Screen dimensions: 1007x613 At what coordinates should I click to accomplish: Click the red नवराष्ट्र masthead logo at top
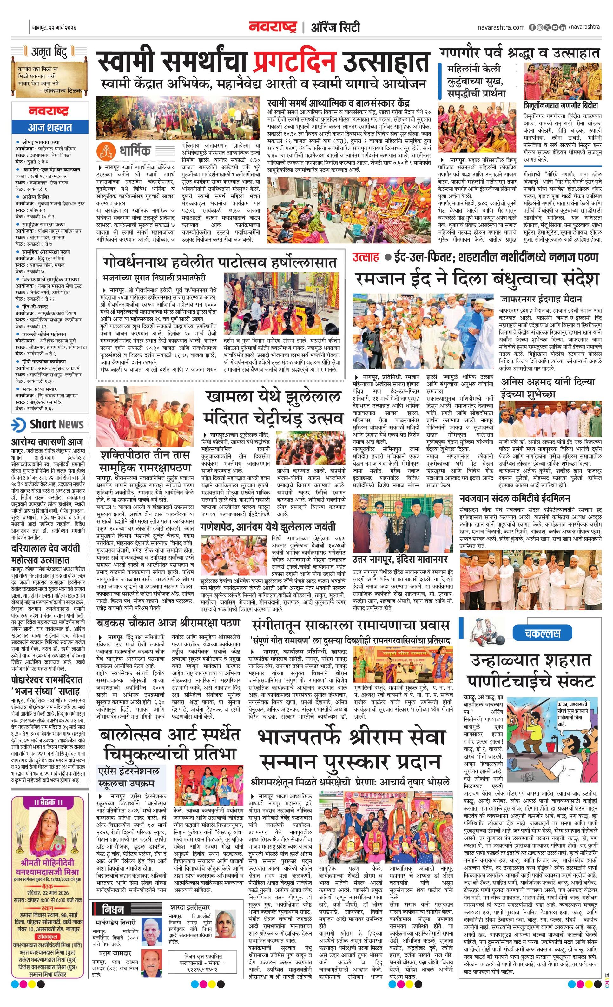click(x=272, y=27)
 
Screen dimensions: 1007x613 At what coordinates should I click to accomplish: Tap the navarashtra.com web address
click(x=501, y=27)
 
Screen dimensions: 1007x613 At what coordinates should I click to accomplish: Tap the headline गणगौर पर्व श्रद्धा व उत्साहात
click(x=520, y=53)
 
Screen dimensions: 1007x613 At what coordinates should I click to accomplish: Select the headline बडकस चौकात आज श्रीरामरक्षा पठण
click(x=168, y=624)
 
